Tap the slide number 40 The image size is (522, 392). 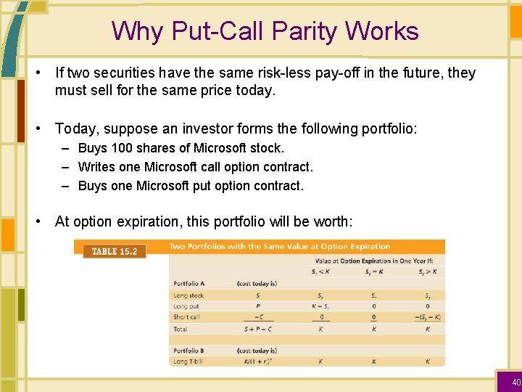(x=516, y=382)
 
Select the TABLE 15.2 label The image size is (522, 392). (x=115, y=251)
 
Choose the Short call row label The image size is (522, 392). (x=186, y=317)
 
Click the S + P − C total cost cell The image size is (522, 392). (x=257, y=329)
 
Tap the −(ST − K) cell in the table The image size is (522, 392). (x=427, y=317)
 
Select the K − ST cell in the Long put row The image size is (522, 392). (x=320, y=306)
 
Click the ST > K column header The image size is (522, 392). (x=427, y=271)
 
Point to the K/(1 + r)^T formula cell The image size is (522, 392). (x=257, y=361)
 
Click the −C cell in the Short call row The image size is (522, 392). (x=257, y=317)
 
